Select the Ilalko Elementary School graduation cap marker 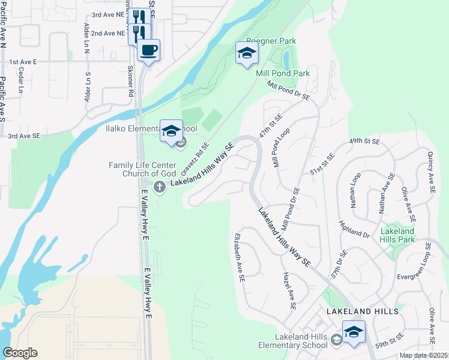171,130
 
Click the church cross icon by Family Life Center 160,187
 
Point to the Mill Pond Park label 283,73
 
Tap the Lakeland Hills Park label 397,235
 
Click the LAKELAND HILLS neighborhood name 362,312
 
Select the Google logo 20,353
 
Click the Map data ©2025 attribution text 424,355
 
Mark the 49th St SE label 364,142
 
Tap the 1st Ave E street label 23,62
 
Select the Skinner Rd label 130,82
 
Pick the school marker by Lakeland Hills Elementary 354,332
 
